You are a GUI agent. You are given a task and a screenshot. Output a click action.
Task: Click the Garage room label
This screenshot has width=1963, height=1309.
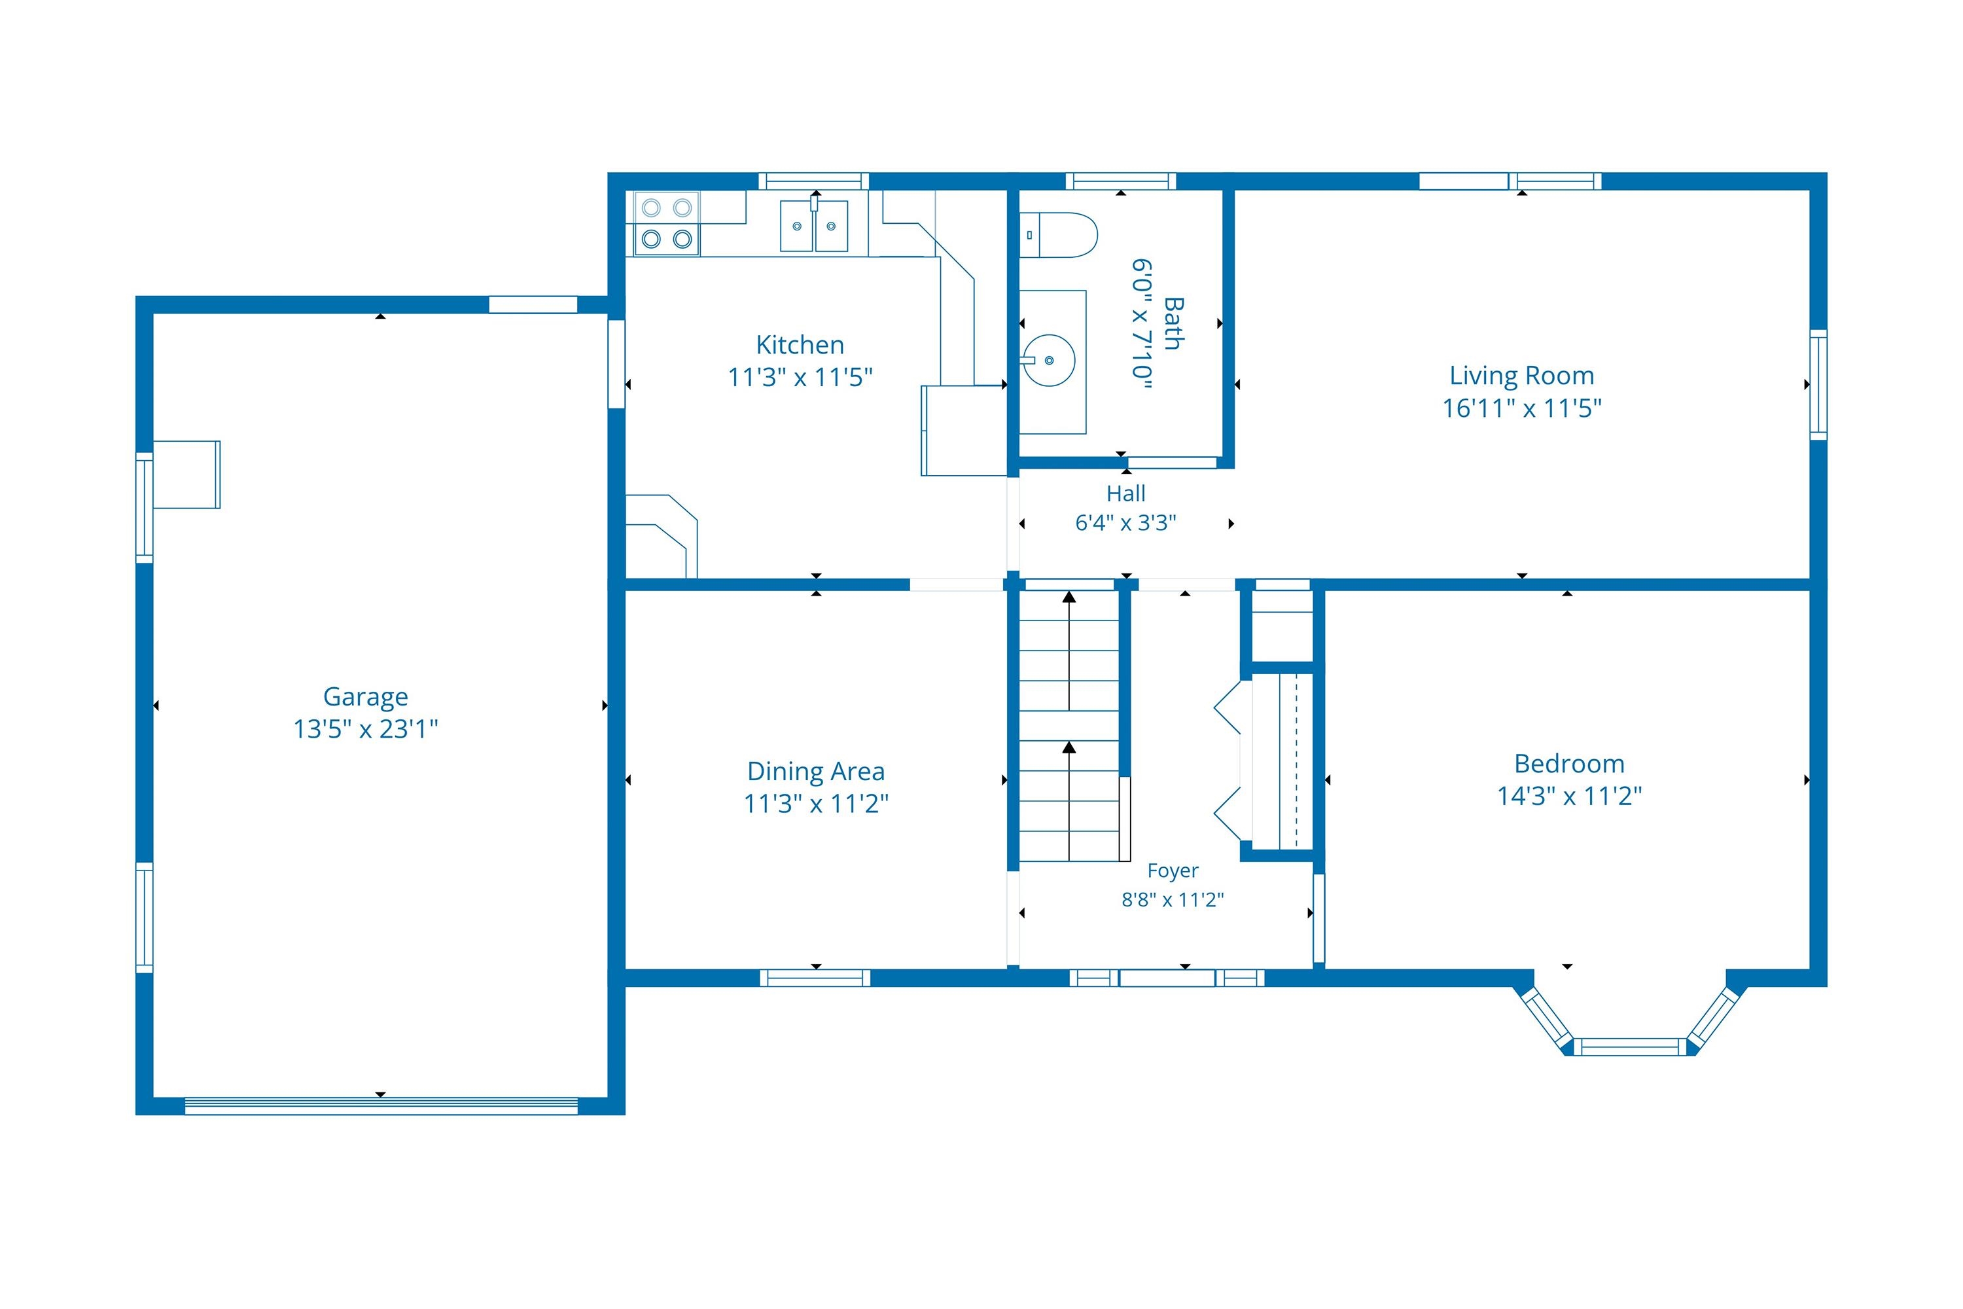click(366, 697)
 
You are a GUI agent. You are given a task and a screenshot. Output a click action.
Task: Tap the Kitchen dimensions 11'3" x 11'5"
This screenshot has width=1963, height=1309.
click(800, 378)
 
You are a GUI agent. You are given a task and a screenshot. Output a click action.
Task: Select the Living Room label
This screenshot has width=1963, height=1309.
click(1521, 376)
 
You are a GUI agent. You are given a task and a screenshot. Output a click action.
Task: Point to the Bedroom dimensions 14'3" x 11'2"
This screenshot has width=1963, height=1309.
click(1569, 796)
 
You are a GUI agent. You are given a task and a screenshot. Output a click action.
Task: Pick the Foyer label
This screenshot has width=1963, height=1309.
click(1173, 870)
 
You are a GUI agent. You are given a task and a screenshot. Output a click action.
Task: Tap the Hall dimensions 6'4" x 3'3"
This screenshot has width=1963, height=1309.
click(1126, 522)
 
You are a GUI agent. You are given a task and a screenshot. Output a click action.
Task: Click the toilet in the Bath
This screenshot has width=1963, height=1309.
click(1058, 234)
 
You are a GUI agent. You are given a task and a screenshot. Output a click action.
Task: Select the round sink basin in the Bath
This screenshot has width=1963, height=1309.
click(1048, 361)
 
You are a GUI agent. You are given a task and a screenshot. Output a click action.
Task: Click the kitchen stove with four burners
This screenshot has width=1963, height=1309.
click(667, 224)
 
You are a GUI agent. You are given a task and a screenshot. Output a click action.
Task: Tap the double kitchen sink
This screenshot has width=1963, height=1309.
click(814, 224)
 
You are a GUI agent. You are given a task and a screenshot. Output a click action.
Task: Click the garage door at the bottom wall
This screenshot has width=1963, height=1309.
click(381, 1106)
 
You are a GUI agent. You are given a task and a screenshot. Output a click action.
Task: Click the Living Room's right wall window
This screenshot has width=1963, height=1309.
click(1818, 385)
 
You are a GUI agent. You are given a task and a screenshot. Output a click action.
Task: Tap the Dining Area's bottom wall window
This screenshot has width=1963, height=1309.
click(815, 978)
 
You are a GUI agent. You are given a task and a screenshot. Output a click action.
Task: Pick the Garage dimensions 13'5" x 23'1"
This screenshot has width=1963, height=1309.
click(366, 729)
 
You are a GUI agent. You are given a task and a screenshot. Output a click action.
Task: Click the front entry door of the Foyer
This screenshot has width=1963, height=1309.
click(1167, 978)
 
